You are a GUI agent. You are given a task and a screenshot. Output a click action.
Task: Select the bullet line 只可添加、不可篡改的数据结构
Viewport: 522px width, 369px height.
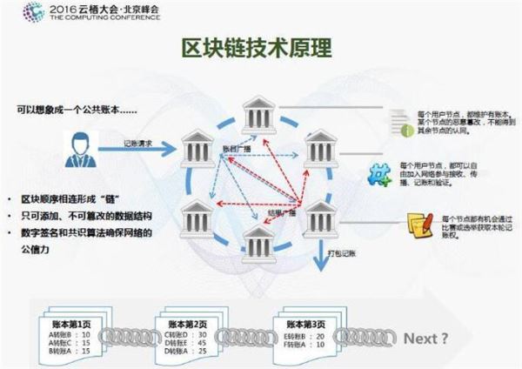pyautogui.click(x=83, y=215)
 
